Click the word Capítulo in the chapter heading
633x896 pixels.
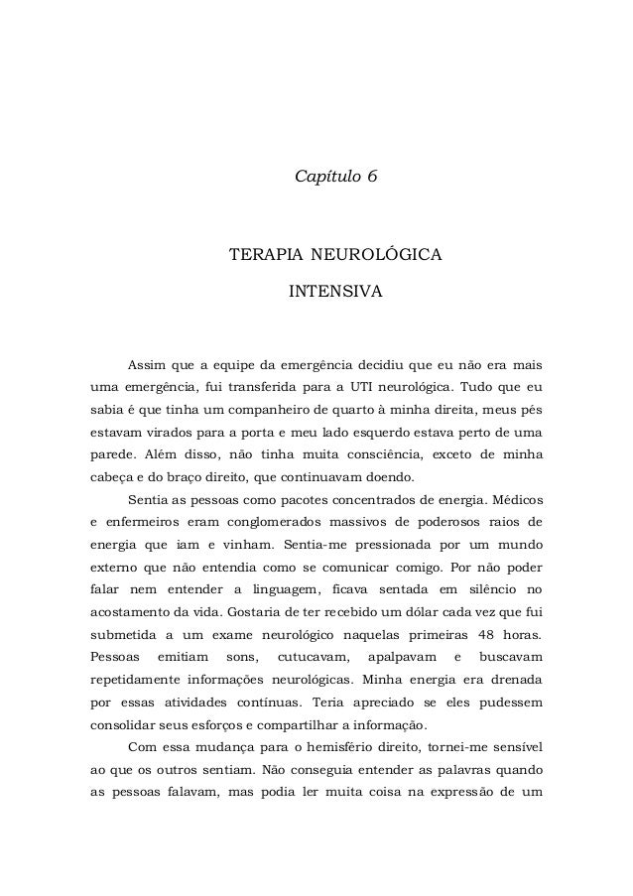(326, 177)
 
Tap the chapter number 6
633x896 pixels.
(372, 177)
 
